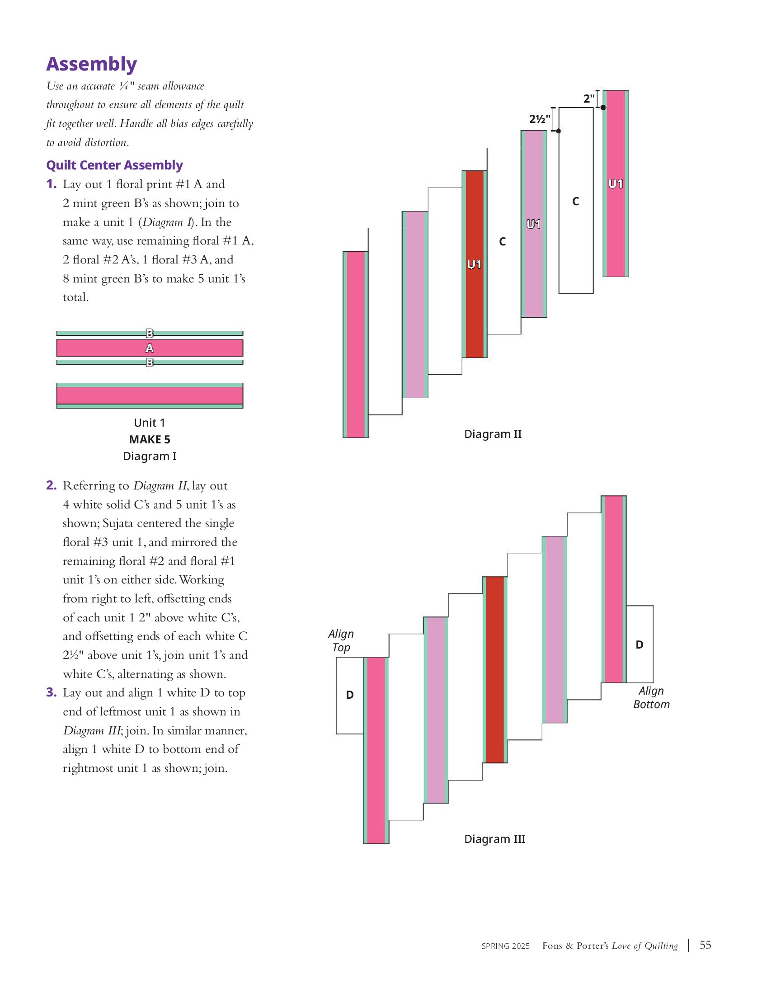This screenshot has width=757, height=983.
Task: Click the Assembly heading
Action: coord(91,64)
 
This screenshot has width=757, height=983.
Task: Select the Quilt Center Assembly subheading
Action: coord(114,165)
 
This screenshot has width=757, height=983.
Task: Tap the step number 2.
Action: coord(51,485)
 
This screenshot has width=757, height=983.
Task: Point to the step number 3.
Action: coord(51,692)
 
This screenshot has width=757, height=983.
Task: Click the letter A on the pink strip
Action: coord(150,348)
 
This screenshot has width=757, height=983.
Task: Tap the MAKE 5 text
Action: coord(150,439)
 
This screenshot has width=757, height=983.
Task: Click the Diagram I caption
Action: coord(150,456)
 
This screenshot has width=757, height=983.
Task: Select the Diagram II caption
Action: coord(493,434)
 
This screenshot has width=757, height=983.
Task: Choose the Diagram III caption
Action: coord(494,839)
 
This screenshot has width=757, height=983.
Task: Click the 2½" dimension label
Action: coord(540,119)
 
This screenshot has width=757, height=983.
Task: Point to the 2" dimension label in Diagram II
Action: coord(589,98)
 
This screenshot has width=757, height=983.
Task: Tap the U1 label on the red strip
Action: coord(474,264)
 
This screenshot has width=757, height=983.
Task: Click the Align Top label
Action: coord(341,640)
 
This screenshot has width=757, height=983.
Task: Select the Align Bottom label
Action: coord(651,697)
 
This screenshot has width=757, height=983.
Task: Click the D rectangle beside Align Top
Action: coord(350,696)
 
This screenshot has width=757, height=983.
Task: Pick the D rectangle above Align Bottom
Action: coord(639,644)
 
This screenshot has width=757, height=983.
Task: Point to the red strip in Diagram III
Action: coord(494,670)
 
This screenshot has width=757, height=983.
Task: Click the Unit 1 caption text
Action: coord(150,423)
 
